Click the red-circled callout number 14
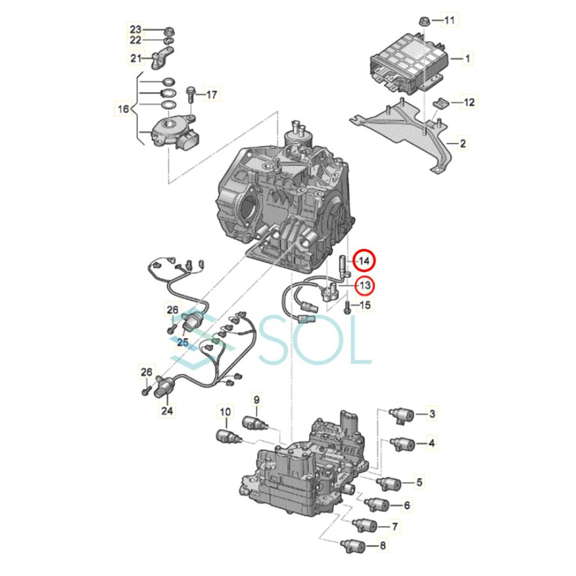[364, 261]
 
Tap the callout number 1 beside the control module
[468, 59]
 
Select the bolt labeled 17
[191, 95]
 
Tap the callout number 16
[122, 109]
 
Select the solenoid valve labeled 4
[403, 443]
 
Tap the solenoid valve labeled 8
[356, 547]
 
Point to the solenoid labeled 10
[225, 437]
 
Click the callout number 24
[168, 411]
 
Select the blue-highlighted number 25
[182, 342]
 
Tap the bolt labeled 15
[348, 307]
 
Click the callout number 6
[406, 506]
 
